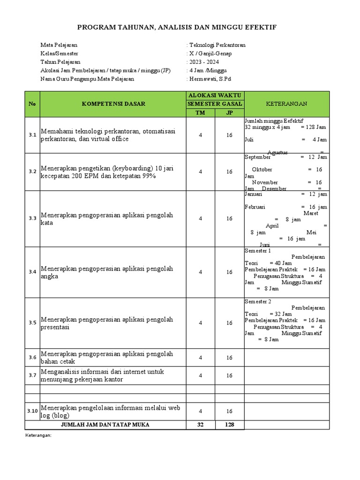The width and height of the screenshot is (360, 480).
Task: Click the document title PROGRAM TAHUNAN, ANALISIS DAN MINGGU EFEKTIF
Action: pos(180,28)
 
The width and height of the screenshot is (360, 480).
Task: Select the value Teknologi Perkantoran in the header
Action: pos(217,45)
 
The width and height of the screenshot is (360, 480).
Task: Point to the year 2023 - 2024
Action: pos(204,62)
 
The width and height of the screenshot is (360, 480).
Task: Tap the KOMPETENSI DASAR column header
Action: pos(114,104)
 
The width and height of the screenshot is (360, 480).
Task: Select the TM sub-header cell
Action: pos(200,113)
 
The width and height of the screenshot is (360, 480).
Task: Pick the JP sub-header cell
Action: pos(229,113)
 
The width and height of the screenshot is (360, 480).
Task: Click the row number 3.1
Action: pos(32,135)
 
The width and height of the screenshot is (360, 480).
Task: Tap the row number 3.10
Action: pos(32,411)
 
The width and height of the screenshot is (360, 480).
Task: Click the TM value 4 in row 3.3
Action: pos(200,218)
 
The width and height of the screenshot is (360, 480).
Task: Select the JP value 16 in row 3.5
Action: pos(229,323)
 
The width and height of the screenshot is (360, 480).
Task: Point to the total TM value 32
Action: pos(200,425)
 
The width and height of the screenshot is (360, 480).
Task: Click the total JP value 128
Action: pos(229,425)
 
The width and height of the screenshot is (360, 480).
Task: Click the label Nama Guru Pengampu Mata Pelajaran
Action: pos(87,79)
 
